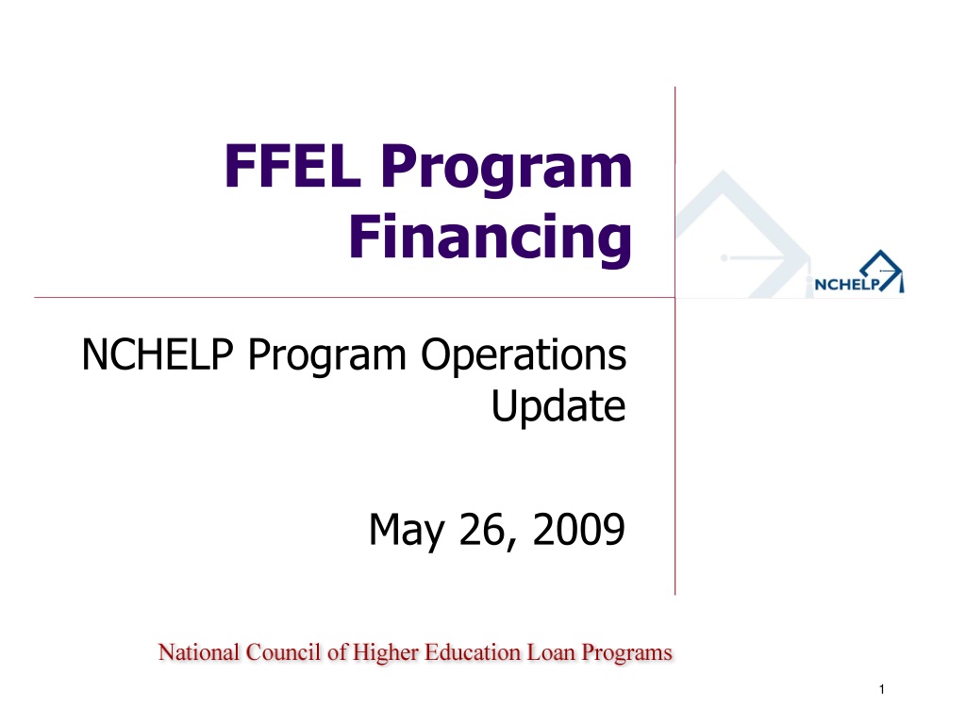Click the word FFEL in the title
click(292, 165)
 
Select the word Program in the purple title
click(507, 170)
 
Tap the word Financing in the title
click(491, 238)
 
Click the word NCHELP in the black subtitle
click(158, 354)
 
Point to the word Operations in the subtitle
click(523, 356)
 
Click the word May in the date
click(407, 531)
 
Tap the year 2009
click(578, 530)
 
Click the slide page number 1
click(882, 689)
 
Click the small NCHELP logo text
click(848, 285)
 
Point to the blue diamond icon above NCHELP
click(882, 270)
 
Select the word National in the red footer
click(198, 652)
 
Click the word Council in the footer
click(283, 652)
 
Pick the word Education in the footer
click(473, 652)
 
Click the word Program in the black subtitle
click(327, 356)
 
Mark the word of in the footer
click(337, 652)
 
